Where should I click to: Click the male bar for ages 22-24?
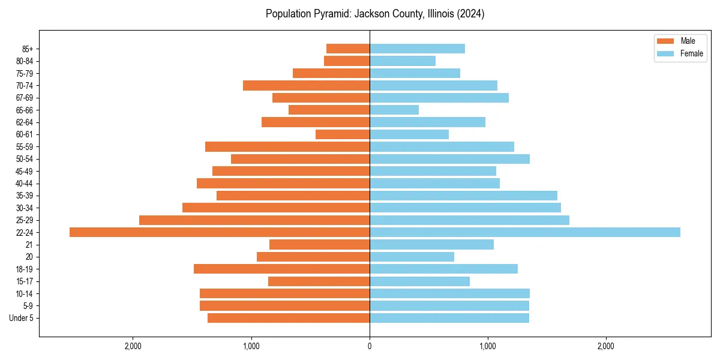pos(220,232)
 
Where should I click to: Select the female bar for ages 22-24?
pos(525,232)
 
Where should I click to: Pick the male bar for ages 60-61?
pos(343,134)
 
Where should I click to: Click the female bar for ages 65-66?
pos(394,110)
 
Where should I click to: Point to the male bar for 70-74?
pos(306,85)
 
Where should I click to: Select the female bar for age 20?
pos(412,257)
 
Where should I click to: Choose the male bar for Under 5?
pos(289,318)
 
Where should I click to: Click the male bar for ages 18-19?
pos(281,269)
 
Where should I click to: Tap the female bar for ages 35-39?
pos(463,196)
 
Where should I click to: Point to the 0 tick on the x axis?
pos(370,346)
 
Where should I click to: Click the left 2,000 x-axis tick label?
pos(133,346)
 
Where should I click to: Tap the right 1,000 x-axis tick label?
pos(488,346)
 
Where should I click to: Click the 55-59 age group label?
pos(24,146)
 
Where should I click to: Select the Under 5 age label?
pos(21,318)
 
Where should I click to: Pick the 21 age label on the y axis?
pos(29,245)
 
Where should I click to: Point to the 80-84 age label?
pos(24,61)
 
